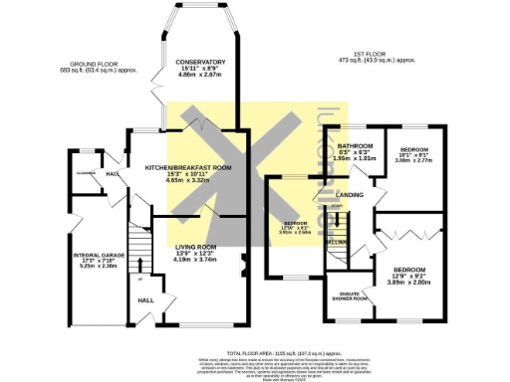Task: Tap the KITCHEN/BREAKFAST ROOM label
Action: (x=188, y=167)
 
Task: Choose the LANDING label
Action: (x=349, y=195)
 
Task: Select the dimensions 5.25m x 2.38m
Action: (x=100, y=267)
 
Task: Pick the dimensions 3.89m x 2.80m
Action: (x=408, y=283)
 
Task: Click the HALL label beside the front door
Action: (x=145, y=298)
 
